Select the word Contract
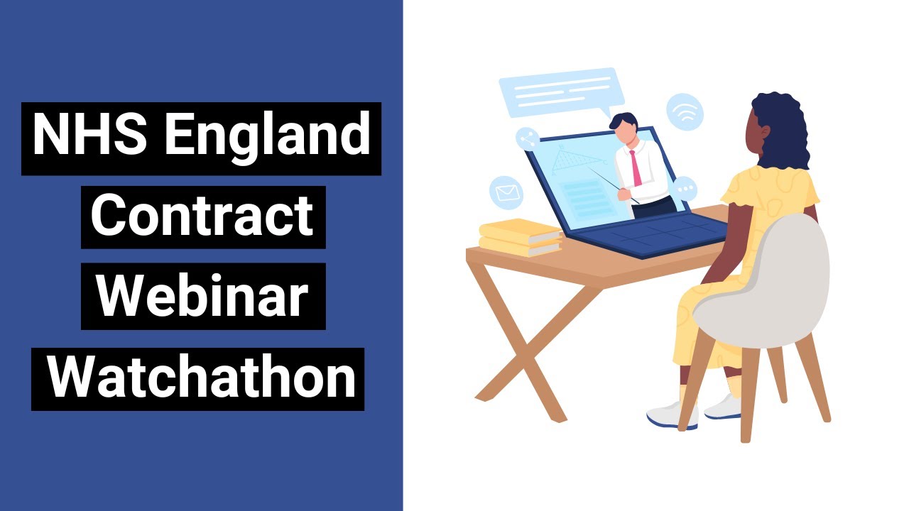[x=202, y=216]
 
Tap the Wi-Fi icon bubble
[x=685, y=112]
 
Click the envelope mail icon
[x=506, y=192]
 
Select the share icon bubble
[x=528, y=139]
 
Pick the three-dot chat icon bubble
[x=685, y=189]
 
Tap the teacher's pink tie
[x=636, y=167]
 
